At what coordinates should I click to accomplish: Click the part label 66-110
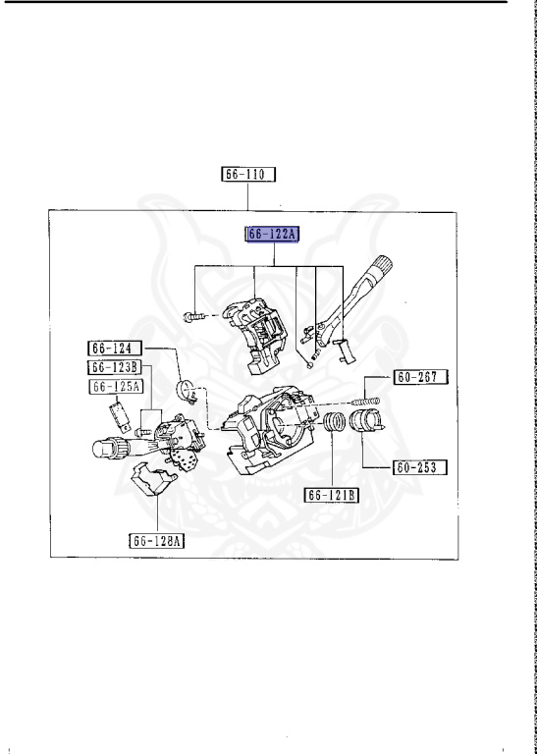[x=249, y=175]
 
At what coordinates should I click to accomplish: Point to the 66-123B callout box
[x=116, y=367]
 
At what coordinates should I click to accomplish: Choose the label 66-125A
[x=116, y=387]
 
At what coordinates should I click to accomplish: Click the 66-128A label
[x=157, y=539]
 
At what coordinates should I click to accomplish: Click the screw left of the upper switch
[x=194, y=316]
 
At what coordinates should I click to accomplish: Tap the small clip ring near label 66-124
[x=187, y=392]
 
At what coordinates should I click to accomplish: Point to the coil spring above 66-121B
[x=335, y=427]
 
